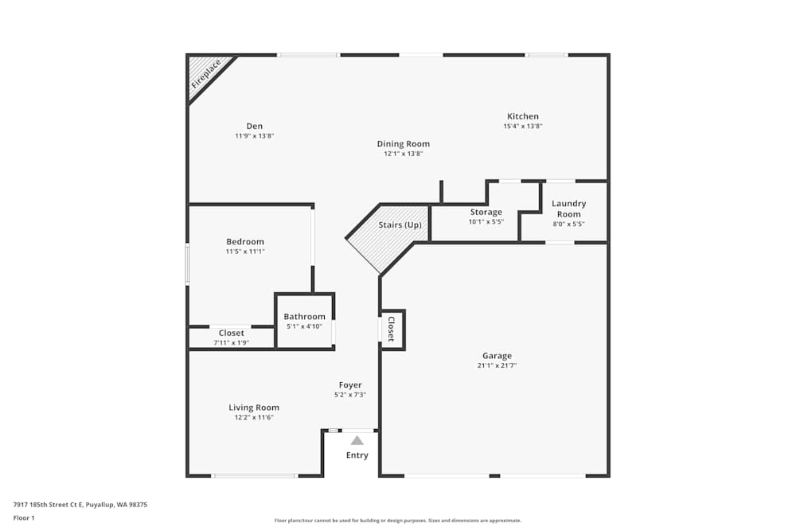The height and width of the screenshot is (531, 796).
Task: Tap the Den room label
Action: pyautogui.click(x=255, y=126)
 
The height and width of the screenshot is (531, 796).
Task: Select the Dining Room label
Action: pyautogui.click(x=404, y=144)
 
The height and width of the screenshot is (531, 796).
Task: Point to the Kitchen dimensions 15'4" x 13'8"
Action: pyautogui.click(x=523, y=126)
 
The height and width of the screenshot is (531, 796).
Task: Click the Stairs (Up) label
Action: pyautogui.click(x=400, y=225)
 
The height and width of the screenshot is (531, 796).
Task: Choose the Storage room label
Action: pyautogui.click(x=486, y=212)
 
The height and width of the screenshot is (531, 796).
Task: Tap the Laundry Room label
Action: pyautogui.click(x=569, y=209)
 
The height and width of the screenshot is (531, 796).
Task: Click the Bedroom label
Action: pyautogui.click(x=245, y=241)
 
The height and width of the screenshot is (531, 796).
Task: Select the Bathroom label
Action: pyautogui.click(x=305, y=316)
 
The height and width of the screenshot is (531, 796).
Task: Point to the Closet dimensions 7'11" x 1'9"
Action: pyautogui.click(x=232, y=342)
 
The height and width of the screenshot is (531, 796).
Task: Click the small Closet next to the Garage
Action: pyautogui.click(x=392, y=329)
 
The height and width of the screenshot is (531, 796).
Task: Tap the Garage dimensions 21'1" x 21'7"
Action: pyautogui.click(x=497, y=365)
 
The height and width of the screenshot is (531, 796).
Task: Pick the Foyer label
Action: pyautogui.click(x=350, y=385)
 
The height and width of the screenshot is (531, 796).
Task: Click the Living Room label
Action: pyautogui.click(x=254, y=408)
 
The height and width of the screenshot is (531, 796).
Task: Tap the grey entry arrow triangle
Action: pyautogui.click(x=357, y=440)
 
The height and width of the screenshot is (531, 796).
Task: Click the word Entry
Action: pyautogui.click(x=357, y=455)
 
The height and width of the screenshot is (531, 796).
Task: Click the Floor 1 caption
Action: pyautogui.click(x=24, y=517)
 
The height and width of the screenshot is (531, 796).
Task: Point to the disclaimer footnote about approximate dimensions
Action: pyautogui.click(x=398, y=521)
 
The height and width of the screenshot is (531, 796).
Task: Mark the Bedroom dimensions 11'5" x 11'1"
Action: pyautogui.click(x=245, y=252)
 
